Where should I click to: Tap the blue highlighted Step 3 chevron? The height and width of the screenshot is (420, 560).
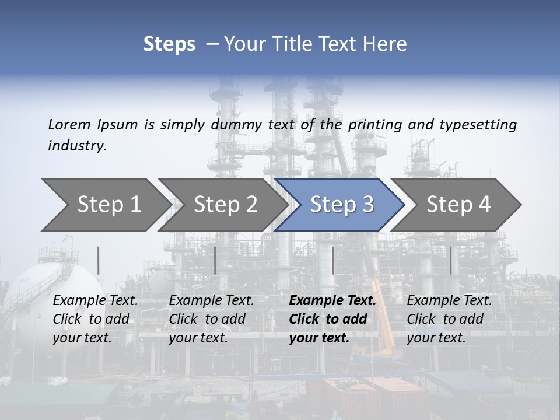pos(342,205)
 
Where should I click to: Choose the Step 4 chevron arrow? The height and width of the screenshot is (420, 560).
pos(459,205)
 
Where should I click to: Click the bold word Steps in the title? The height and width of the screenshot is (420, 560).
pos(169,44)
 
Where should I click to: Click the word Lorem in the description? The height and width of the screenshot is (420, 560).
pos(69,124)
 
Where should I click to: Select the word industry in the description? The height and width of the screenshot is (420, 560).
pos(77,146)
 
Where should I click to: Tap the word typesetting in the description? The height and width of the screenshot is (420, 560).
pos(478,124)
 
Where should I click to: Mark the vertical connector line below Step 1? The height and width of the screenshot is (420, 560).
pos(99,260)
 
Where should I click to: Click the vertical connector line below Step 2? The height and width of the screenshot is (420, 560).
pos(215,260)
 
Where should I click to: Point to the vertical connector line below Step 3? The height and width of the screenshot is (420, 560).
pos(332,260)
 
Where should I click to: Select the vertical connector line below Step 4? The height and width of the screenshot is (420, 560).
pos(450,260)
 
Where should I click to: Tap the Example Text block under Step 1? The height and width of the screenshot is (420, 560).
pos(95,319)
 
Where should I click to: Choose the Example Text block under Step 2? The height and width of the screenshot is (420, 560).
pos(211,319)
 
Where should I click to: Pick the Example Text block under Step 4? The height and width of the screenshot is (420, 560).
pos(449,319)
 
